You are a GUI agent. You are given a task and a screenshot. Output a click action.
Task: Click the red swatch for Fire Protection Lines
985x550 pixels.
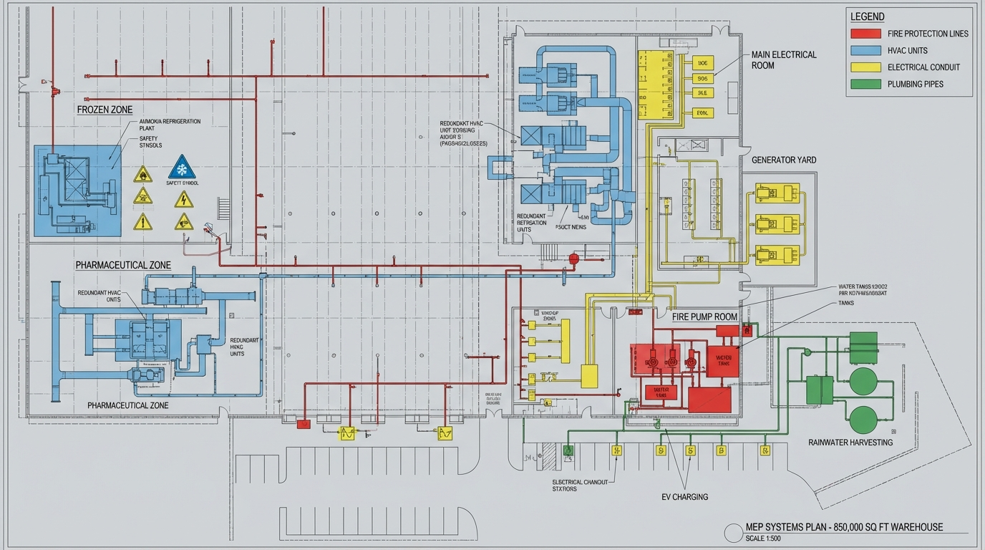(865, 34)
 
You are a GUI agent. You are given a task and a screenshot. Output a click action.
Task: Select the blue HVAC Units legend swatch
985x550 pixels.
(865, 50)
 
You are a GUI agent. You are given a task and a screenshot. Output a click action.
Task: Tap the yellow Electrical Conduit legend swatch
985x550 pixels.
(865, 67)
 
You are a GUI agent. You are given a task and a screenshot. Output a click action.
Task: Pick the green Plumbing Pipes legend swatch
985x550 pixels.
(865, 84)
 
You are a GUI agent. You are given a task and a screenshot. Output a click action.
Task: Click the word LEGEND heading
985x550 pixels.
(867, 16)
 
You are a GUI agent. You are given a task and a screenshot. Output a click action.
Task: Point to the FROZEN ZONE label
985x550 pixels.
(105, 110)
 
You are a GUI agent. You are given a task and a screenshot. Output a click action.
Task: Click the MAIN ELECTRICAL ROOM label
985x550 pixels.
(784, 60)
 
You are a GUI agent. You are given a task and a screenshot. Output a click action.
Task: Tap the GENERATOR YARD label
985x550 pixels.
(784, 160)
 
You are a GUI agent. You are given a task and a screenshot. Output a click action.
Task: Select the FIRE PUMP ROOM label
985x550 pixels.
(704, 316)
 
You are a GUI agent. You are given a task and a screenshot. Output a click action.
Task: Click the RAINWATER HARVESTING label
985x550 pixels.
(850, 442)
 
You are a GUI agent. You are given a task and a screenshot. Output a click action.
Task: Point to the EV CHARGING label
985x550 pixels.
(684, 496)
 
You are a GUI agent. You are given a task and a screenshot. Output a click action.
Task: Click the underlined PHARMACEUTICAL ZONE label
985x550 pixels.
(123, 265)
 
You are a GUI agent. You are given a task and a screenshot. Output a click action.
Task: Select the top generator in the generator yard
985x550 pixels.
(777, 193)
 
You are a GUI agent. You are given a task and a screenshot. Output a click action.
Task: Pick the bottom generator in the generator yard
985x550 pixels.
(777, 254)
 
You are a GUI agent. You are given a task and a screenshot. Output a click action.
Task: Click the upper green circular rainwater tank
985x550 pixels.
(863, 380)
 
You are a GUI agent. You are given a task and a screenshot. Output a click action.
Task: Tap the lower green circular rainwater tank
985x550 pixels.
(863, 418)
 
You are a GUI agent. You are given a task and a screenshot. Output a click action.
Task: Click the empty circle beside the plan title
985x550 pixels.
(733, 533)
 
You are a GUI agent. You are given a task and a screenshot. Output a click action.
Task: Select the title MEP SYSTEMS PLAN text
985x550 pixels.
(844, 527)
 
